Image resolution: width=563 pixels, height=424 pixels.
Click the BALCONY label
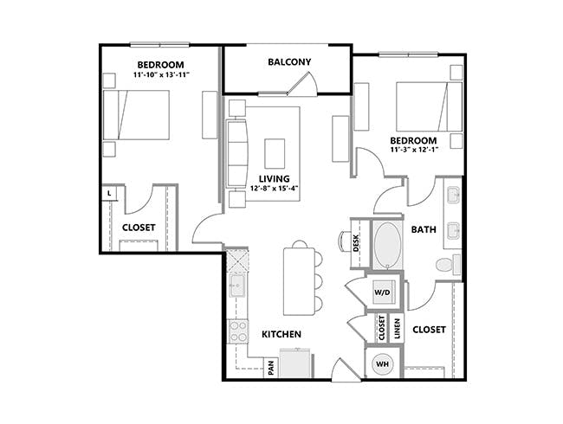tap(289, 61)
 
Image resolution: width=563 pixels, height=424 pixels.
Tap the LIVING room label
tap(269, 178)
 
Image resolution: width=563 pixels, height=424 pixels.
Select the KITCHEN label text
tap(281, 333)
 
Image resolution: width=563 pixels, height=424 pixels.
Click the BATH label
tap(424, 229)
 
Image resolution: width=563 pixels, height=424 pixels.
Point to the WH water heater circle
tap(382, 365)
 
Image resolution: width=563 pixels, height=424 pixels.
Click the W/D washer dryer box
tap(382, 292)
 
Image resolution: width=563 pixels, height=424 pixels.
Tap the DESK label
tap(357, 243)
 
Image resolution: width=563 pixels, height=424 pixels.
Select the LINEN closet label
tap(396, 328)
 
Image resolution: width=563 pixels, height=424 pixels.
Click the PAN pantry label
tap(271, 369)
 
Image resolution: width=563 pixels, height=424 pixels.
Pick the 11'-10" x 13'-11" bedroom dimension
tap(162, 76)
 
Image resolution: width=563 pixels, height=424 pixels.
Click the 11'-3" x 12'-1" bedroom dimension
tap(414, 149)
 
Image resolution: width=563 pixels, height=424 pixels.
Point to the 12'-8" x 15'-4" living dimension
tap(269, 189)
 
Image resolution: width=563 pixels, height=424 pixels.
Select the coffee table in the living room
tap(275, 153)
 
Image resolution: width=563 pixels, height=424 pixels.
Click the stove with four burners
tap(236, 330)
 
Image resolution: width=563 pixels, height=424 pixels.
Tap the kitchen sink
tap(236, 286)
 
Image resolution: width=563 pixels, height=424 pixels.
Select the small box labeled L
tap(109, 194)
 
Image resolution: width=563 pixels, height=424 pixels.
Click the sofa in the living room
tap(236, 154)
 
